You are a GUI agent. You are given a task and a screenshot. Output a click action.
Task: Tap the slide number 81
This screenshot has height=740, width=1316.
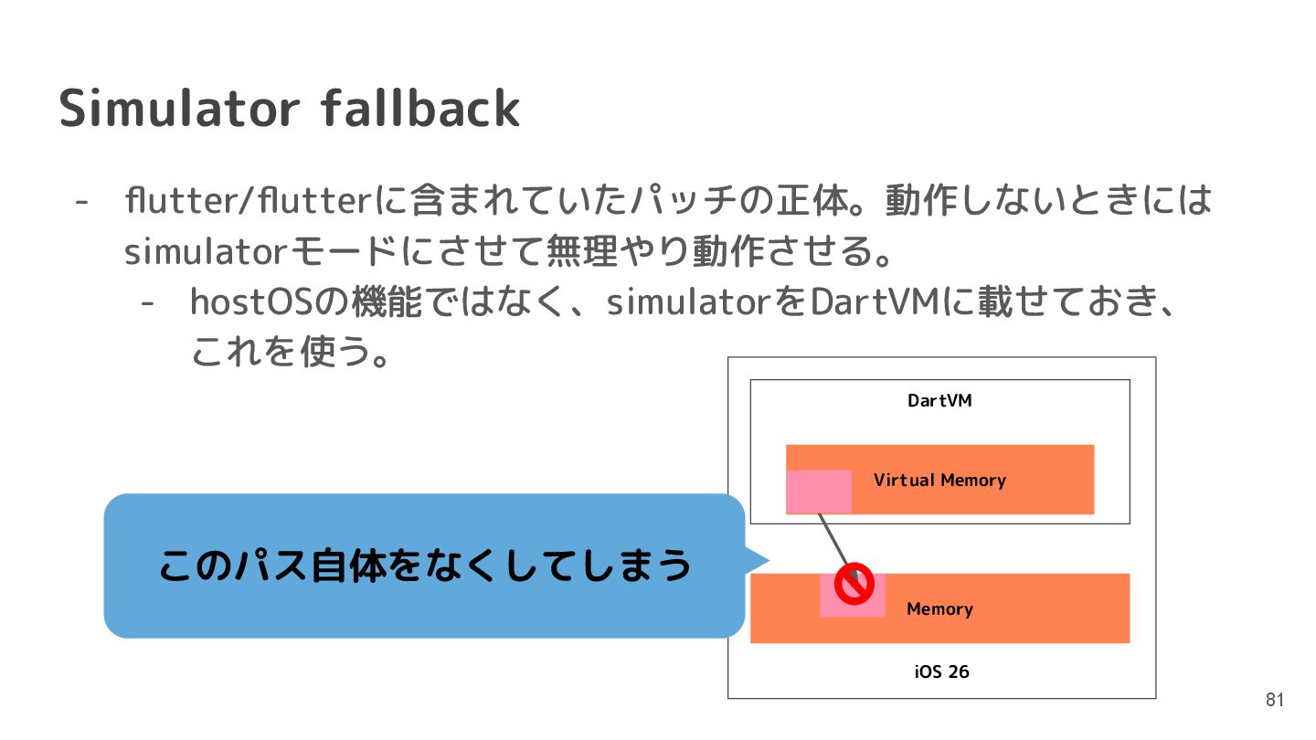tap(1275, 701)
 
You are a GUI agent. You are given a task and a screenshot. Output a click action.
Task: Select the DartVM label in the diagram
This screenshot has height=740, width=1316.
tap(939, 400)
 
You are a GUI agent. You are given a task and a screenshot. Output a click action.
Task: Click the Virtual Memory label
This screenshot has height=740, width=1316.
tap(939, 480)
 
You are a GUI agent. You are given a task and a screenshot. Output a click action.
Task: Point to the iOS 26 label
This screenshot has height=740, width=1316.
tap(941, 671)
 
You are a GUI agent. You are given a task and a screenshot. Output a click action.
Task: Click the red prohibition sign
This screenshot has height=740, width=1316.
tap(854, 586)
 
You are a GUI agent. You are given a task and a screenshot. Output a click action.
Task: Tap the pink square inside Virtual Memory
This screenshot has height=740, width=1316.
tap(819, 492)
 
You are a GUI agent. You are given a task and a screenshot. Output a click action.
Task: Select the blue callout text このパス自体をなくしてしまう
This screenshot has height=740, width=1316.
tap(425, 566)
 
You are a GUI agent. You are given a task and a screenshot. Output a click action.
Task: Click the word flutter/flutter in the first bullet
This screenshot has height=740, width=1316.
tap(247, 200)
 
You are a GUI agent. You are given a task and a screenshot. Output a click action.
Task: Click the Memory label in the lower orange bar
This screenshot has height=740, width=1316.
tap(939, 609)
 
